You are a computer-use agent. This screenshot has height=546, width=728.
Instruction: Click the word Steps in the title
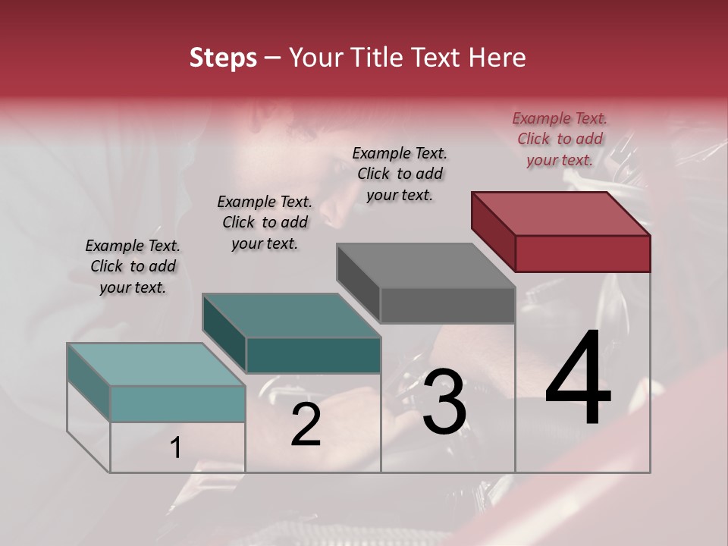(x=223, y=58)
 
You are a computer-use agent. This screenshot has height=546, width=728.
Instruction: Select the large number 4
(x=579, y=379)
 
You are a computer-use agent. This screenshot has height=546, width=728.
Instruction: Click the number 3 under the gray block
(x=444, y=402)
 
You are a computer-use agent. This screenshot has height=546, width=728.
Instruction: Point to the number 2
(x=306, y=425)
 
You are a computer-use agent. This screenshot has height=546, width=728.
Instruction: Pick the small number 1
(x=175, y=448)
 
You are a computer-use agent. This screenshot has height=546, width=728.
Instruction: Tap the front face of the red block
(x=582, y=253)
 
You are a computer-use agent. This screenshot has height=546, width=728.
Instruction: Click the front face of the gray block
(x=447, y=305)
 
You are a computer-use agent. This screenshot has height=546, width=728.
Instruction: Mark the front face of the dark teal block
(x=313, y=355)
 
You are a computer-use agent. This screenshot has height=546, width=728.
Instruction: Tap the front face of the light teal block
(x=177, y=403)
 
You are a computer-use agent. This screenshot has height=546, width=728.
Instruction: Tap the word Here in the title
(x=499, y=58)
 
